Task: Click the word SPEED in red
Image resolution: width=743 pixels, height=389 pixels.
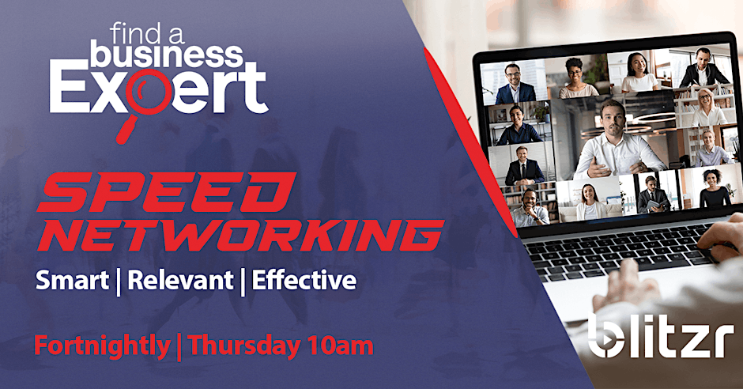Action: [x=167, y=192]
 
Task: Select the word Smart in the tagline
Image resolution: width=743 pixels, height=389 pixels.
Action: [x=72, y=281]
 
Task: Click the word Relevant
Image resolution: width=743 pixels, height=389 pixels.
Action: [x=180, y=281]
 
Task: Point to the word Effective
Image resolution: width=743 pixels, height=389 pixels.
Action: [x=304, y=280]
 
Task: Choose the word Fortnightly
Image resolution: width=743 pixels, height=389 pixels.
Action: [x=102, y=346]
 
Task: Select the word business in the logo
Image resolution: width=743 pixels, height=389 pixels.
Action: [x=166, y=54]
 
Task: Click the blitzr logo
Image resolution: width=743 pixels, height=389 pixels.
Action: [x=661, y=336]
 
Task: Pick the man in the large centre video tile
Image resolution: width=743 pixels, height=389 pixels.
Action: [x=615, y=142]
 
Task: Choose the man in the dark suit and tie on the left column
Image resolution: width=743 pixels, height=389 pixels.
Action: [x=524, y=166]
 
